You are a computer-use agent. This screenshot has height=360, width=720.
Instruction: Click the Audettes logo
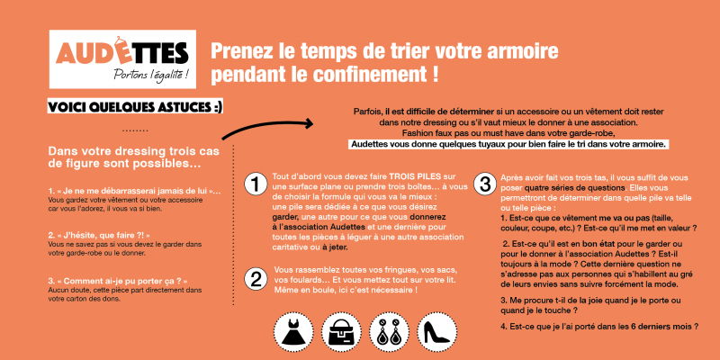[x=122, y=58]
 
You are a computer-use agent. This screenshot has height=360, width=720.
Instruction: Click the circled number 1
[x=256, y=184]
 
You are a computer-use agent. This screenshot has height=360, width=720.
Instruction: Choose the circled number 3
[x=484, y=184]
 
